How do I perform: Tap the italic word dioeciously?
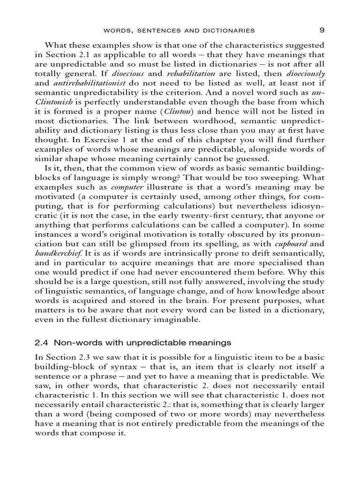[x=305, y=74]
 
